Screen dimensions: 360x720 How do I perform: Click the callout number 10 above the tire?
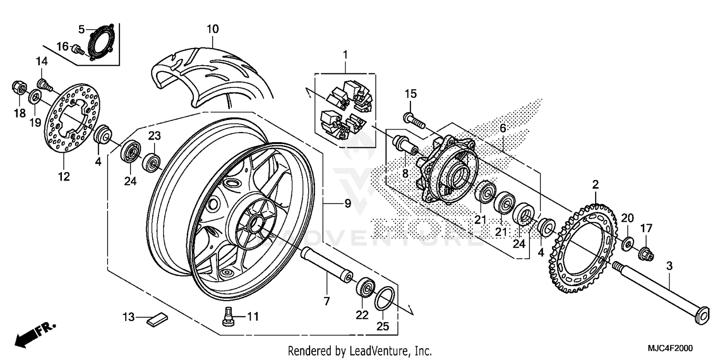(x=213, y=29)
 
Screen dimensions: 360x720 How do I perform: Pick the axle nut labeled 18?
(x=18, y=88)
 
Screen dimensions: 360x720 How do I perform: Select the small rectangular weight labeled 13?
(x=157, y=319)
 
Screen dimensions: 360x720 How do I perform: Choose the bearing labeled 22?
(x=365, y=288)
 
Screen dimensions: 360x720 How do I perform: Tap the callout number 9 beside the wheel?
(x=347, y=204)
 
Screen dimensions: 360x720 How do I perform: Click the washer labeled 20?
(x=628, y=243)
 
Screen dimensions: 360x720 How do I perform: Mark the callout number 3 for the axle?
(x=669, y=266)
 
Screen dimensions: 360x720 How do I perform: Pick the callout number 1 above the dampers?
(x=344, y=55)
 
